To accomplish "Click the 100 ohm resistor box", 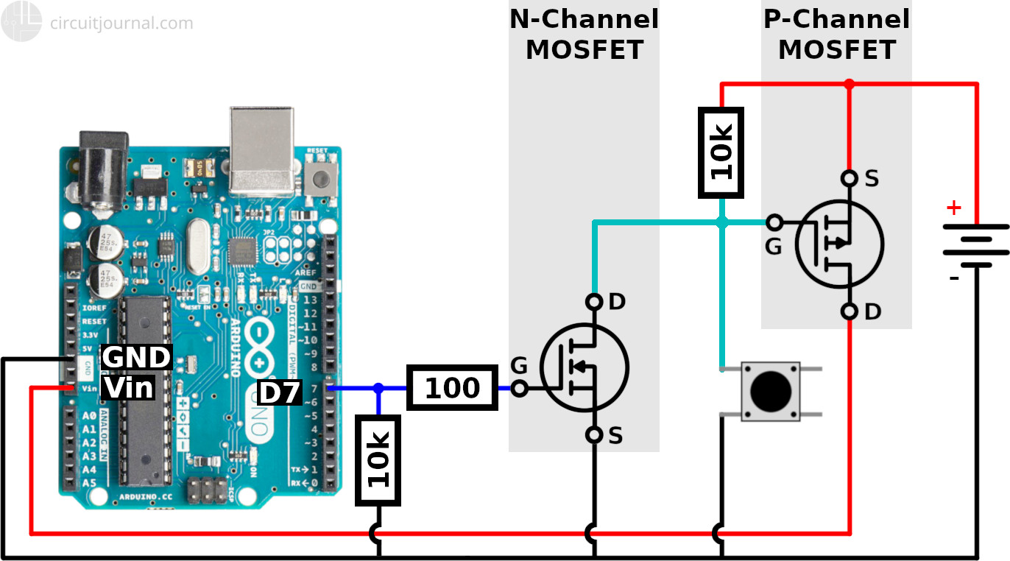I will point(452,387).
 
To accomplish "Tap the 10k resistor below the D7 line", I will point(378,460).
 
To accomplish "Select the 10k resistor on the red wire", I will point(721,152).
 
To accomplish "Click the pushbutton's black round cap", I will point(770,391).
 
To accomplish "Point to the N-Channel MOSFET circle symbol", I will point(584,367).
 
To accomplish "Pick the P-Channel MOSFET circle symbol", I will point(839,244).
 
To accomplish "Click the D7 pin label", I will point(280,393).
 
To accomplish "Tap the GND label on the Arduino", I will point(136,357).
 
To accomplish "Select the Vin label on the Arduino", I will point(128,387).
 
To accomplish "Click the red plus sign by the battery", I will point(953,208).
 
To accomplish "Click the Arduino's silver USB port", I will point(261,151).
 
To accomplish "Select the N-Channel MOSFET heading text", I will point(585,35).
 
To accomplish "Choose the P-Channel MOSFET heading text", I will point(837,35).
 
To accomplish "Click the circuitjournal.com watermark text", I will point(121,23).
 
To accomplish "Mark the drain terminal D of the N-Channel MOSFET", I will point(595,302).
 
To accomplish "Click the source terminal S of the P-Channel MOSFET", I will point(850,178).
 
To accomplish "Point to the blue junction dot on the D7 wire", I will point(378,388).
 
